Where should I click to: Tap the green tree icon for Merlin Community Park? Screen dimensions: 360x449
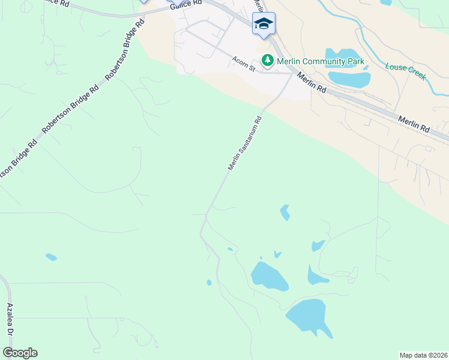(x=267, y=61)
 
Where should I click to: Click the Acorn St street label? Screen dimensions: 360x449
(x=244, y=64)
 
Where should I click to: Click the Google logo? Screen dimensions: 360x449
(x=20, y=352)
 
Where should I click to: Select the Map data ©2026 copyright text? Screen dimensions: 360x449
(x=423, y=355)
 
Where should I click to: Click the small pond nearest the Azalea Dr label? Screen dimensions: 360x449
(x=51, y=257)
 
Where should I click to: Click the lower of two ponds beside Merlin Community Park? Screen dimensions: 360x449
(x=349, y=79)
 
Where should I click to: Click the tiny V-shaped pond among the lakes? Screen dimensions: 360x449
(x=277, y=254)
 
